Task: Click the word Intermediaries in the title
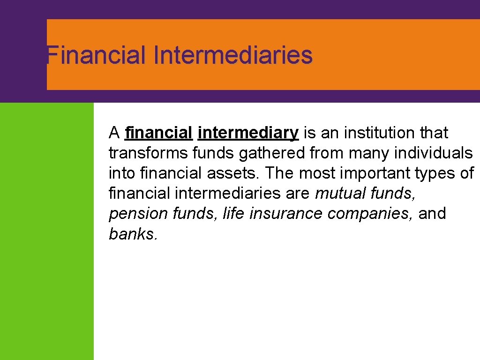click(x=232, y=55)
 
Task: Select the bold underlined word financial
click(x=159, y=133)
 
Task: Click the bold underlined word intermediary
click(x=248, y=134)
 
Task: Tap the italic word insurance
click(x=286, y=214)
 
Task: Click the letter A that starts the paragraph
click(x=114, y=133)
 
